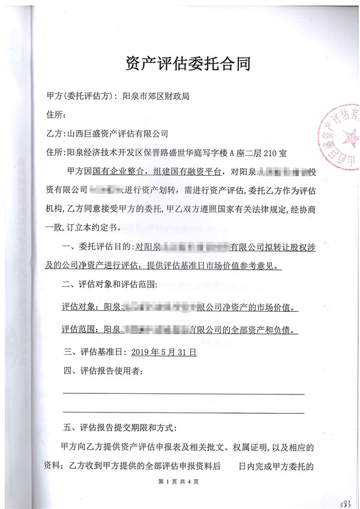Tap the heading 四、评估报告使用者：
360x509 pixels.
(103, 372)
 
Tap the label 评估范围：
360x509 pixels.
(78, 329)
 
